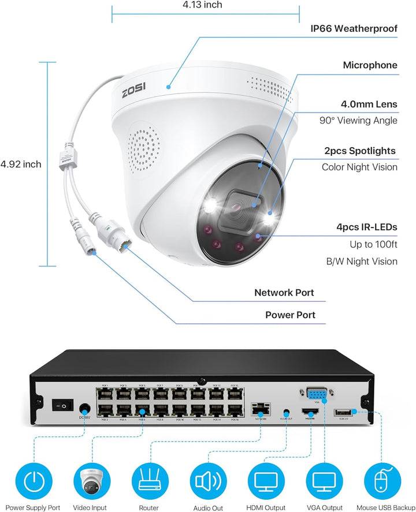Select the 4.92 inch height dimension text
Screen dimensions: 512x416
(x=21, y=164)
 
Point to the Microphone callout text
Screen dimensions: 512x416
(x=370, y=65)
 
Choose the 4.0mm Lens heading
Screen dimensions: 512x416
(x=369, y=104)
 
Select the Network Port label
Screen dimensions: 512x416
(x=284, y=293)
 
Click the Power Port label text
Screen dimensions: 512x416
(x=291, y=315)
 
